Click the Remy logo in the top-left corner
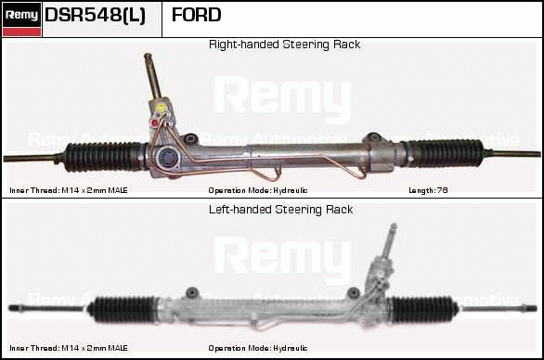[21, 19]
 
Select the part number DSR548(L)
[95, 15]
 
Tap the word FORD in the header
[197, 15]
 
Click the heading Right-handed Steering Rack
[284, 45]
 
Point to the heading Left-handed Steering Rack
[280, 210]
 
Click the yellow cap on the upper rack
[161, 108]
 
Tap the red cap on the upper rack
[154, 122]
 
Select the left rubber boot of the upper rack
[103, 157]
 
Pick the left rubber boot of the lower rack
[123, 309]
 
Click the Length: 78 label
[428, 190]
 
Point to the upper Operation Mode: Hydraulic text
[258, 190]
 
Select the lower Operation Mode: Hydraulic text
[258, 348]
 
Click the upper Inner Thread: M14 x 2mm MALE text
[69, 190]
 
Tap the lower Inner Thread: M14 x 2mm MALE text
[69, 348]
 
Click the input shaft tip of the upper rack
[148, 56]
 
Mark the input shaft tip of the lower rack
[394, 226]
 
